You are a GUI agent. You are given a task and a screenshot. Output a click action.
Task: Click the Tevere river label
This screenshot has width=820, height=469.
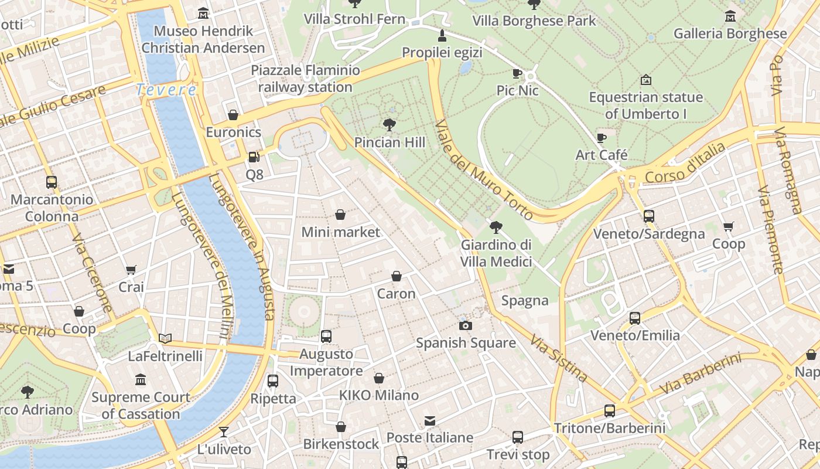(166, 90)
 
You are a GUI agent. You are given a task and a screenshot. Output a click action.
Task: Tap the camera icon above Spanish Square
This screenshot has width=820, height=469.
(466, 325)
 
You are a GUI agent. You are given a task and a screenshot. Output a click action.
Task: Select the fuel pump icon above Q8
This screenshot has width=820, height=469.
(254, 157)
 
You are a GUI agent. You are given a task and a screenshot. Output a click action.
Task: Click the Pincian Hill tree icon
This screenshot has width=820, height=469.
(389, 124)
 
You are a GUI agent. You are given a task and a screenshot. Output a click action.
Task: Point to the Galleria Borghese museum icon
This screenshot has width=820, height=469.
(730, 16)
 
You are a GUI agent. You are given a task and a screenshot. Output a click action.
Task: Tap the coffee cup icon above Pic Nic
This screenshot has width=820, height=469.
(517, 73)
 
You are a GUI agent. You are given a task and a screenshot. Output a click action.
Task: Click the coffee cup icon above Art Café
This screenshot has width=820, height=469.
(601, 138)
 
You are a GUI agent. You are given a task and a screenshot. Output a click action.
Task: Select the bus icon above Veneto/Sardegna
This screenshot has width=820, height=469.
(648, 216)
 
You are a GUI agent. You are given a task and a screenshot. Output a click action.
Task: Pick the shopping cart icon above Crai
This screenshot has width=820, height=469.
(131, 270)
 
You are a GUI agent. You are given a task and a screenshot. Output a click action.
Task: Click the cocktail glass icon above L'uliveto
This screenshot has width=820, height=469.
(224, 433)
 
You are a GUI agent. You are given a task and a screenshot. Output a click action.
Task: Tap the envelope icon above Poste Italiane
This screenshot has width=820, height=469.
(430, 420)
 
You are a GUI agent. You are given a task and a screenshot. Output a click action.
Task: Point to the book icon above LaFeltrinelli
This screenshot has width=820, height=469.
(165, 338)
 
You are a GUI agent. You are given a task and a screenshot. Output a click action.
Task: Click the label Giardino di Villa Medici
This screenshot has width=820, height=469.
(496, 253)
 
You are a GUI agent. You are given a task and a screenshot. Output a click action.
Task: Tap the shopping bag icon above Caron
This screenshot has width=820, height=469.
(397, 276)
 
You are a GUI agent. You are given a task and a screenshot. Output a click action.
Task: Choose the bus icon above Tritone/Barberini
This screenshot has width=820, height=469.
(610, 411)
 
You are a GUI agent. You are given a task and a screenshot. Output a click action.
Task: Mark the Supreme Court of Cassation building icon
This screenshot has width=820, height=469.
(141, 380)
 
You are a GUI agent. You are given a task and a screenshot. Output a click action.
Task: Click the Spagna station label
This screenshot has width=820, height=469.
(525, 301)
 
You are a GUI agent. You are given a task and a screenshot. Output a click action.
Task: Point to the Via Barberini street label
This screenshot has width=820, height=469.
(701, 373)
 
